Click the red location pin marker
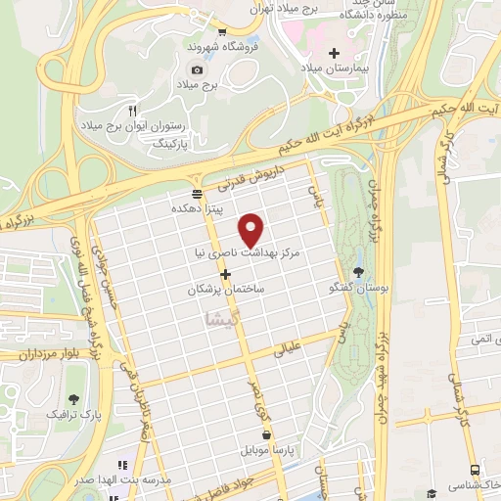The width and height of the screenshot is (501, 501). [252, 229]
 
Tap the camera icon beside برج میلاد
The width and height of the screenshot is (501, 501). [197, 69]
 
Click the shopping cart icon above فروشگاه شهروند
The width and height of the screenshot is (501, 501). [222, 30]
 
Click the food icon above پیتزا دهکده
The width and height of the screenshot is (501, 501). [198, 192]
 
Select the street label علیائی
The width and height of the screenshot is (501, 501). [295, 348]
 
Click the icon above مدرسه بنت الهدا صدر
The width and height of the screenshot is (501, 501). [123, 465]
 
